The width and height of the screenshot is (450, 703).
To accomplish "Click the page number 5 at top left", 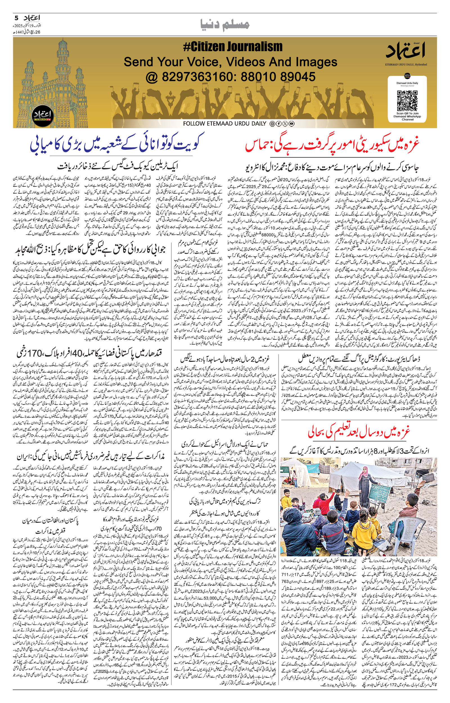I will coord(16,18).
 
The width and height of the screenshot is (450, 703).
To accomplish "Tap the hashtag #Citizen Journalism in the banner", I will coord(233,47).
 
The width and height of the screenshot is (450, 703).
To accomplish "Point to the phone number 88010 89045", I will coord(278,77).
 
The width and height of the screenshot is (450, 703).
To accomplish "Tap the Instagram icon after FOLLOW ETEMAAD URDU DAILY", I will coord(272,124).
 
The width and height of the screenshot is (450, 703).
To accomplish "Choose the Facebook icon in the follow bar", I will coord(278,124).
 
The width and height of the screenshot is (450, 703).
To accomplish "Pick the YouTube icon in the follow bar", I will coord(291,124).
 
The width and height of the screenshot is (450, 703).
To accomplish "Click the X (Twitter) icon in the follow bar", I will coord(285,124).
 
